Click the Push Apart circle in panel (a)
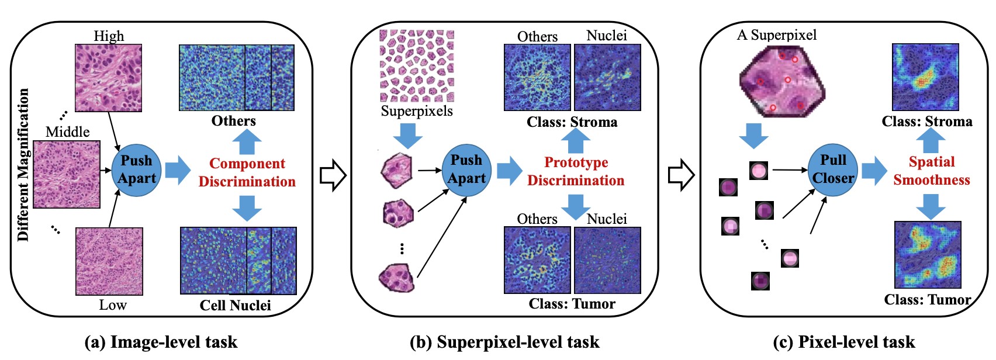click(136, 169)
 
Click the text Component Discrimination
click(247, 172)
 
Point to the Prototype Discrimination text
click(576, 171)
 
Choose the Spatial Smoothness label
click(931, 171)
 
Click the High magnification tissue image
click(108, 78)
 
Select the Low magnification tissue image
click(109, 261)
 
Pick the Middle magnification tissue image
click(67, 174)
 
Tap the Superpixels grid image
click(417, 66)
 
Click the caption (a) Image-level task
click(161, 342)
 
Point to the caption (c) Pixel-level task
click(843, 342)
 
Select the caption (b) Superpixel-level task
click(504, 342)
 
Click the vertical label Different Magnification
click(23, 165)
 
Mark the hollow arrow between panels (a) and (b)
click(333, 175)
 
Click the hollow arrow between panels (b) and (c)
click(681, 175)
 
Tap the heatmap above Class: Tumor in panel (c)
click(928, 255)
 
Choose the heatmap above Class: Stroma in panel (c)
click(925, 77)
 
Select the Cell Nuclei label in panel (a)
click(235, 305)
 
